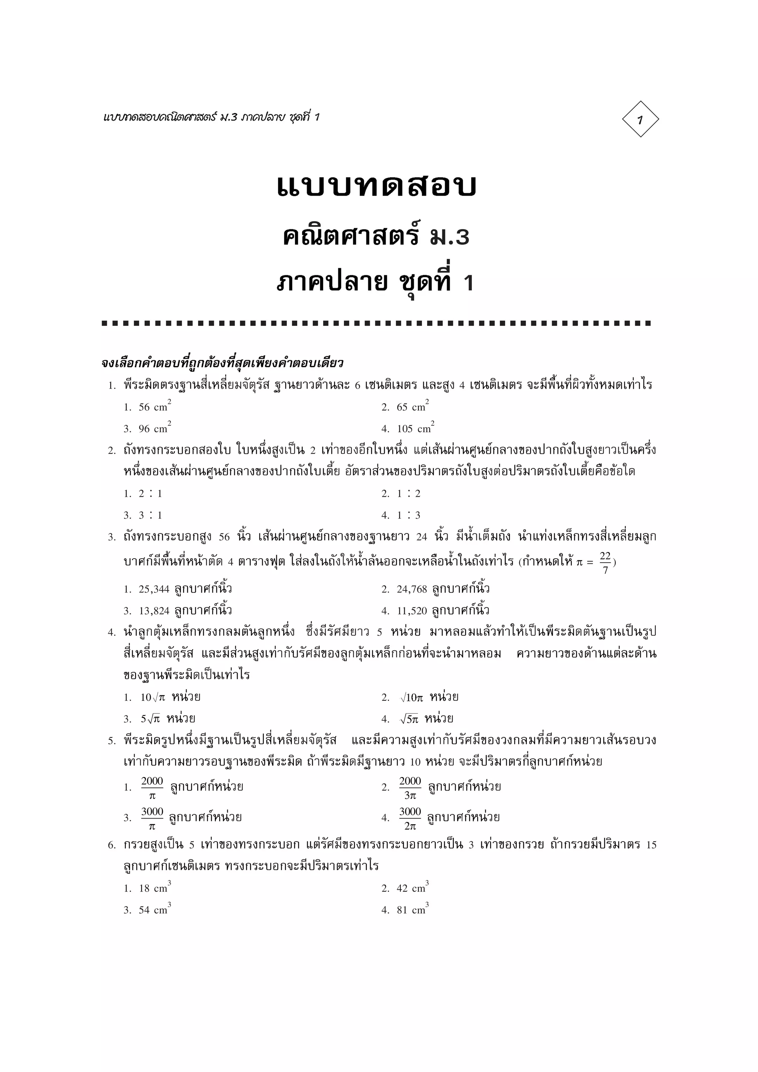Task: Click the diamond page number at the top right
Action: pyautogui.click(x=640, y=119)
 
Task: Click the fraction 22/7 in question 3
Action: pyautogui.click(x=605, y=562)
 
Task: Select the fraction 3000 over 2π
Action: pyautogui.click(x=410, y=819)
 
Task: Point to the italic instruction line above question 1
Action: pyautogui.click(x=222, y=363)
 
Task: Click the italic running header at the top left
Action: pyautogui.click(x=211, y=117)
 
